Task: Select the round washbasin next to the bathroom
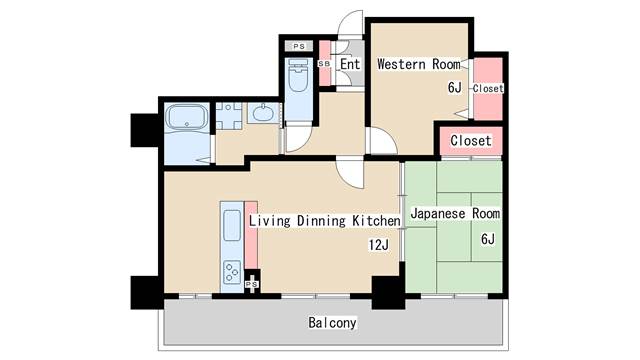(x=263, y=114)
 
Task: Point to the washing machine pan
(x=229, y=115)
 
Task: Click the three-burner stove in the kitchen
(x=231, y=273)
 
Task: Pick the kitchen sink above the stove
(x=231, y=229)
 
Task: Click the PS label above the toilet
(x=298, y=46)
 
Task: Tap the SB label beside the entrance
(x=324, y=65)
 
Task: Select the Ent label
(x=349, y=65)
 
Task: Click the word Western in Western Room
(x=402, y=65)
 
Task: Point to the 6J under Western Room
(x=454, y=88)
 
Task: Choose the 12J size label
(x=377, y=245)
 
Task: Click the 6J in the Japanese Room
(x=487, y=239)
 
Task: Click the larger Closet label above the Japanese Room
(x=470, y=141)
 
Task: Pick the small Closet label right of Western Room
(x=488, y=89)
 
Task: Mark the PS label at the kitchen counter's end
(x=251, y=285)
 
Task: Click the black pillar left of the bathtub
(x=144, y=130)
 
